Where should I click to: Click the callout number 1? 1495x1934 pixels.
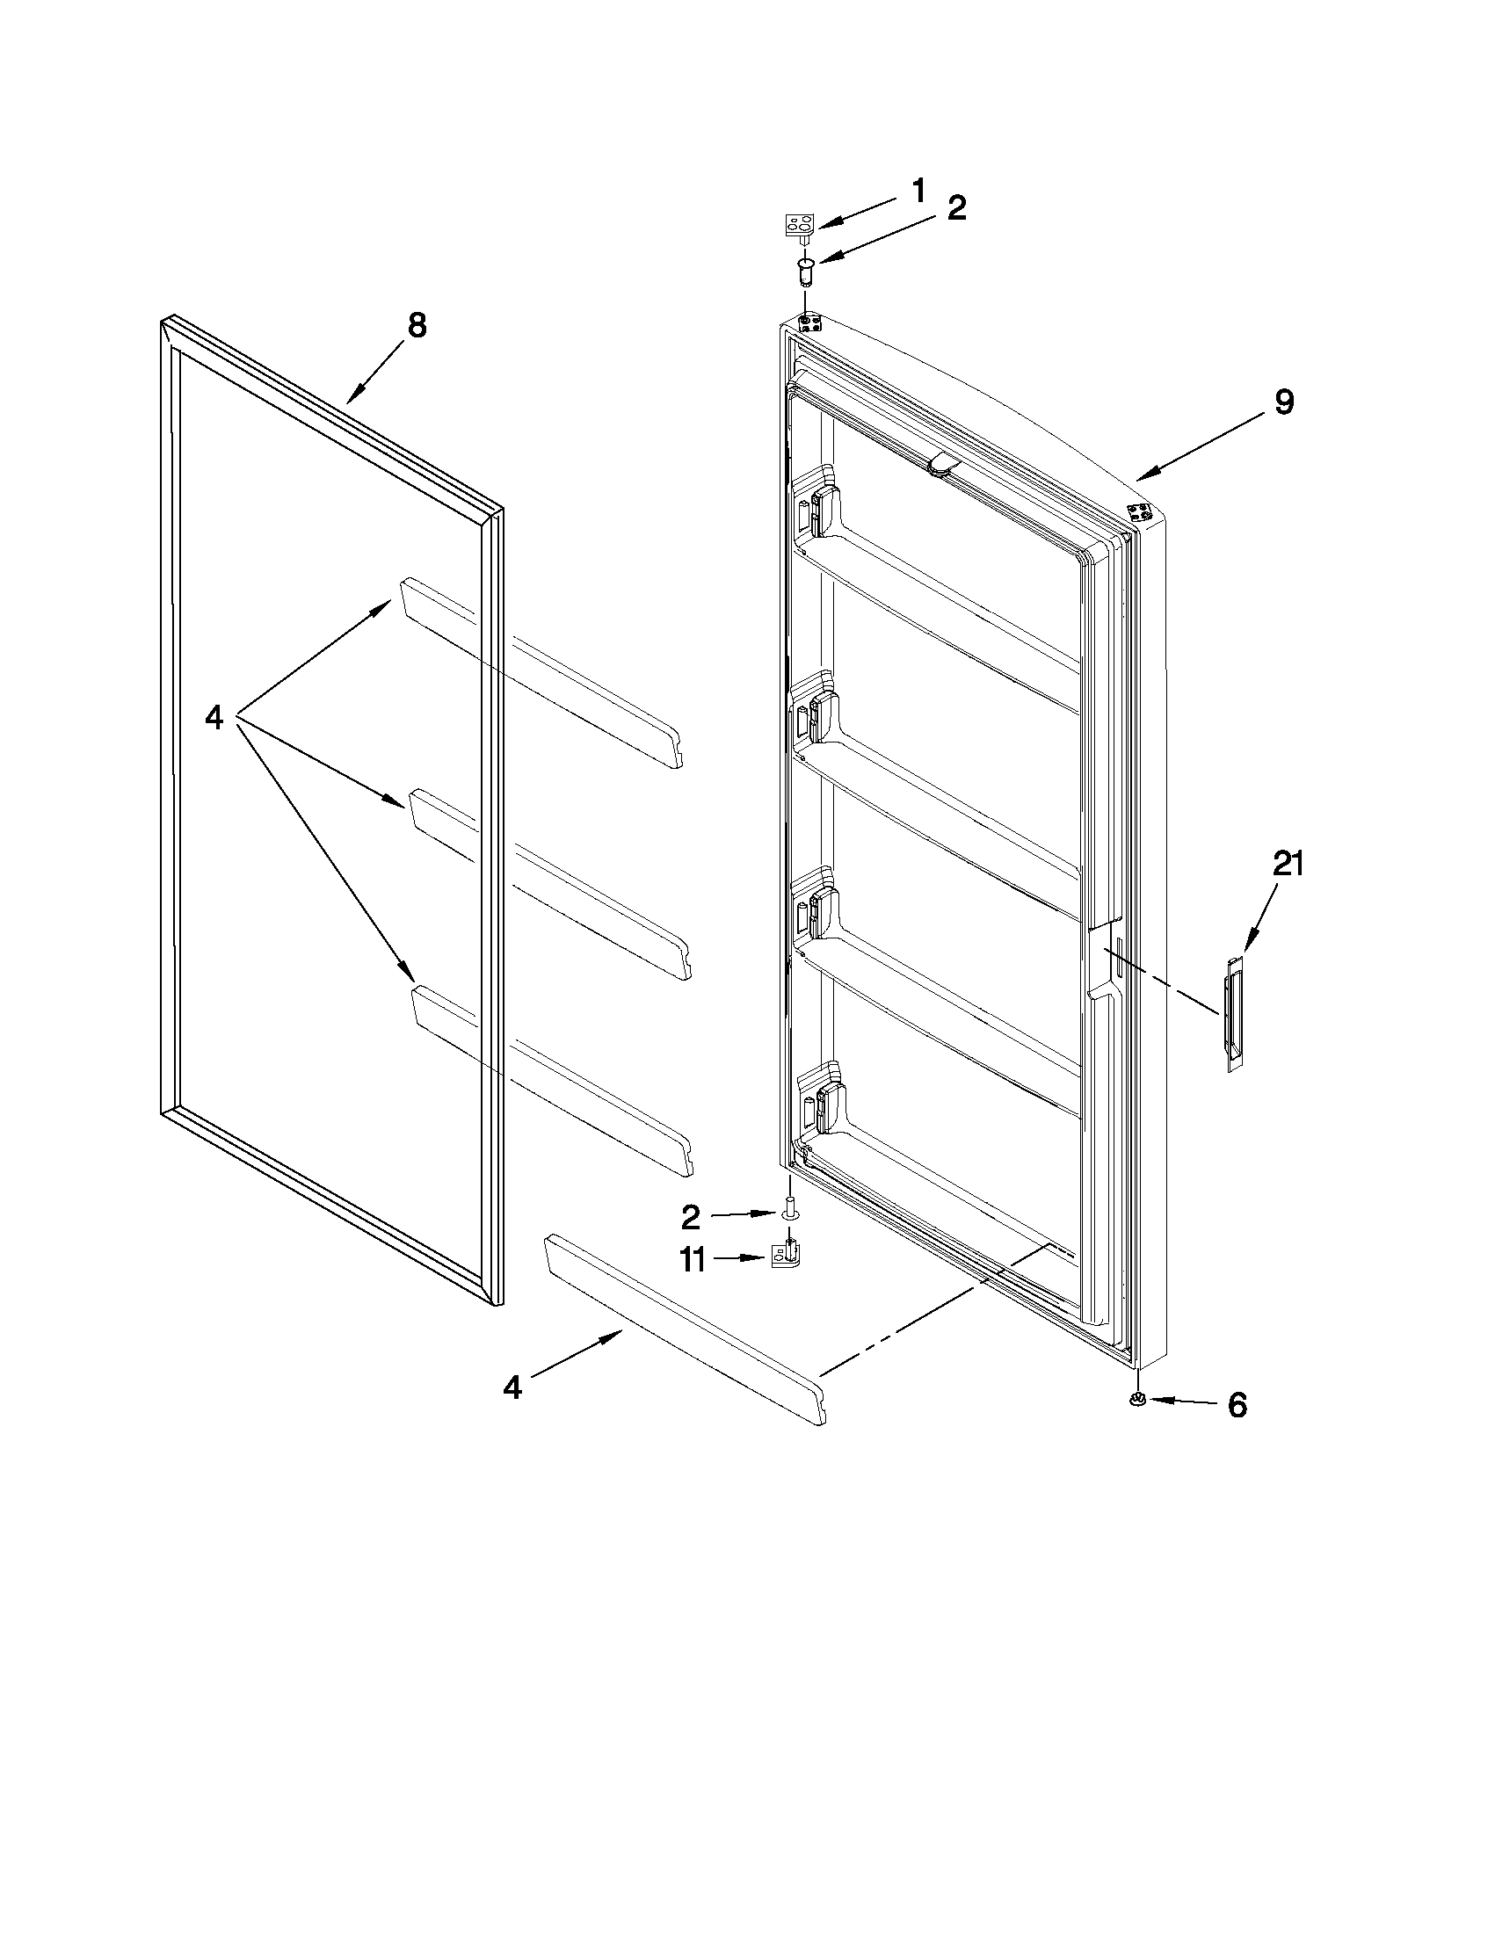[x=918, y=190]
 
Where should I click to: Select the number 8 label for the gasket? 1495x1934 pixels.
[x=417, y=326]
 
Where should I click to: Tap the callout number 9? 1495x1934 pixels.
[x=1283, y=402]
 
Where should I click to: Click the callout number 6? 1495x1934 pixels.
[x=1237, y=1404]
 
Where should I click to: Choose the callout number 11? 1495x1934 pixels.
[x=693, y=1259]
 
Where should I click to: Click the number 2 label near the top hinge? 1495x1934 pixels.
[x=956, y=209]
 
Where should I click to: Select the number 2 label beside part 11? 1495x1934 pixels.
[x=691, y=1219]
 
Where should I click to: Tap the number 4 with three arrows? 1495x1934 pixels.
[x=214, y=717]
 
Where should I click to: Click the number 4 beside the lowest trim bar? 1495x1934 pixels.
[x=512, y=1387]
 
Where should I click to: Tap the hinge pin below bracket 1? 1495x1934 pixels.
[x=806, y=270]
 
